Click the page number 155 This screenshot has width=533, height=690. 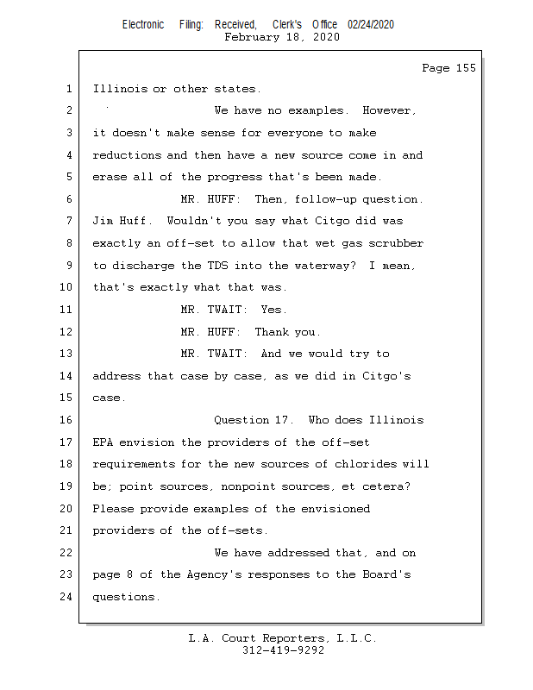coord(466,68)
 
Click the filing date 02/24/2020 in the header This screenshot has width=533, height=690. coord(371,25)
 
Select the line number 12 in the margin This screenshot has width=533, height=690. coord(66,331)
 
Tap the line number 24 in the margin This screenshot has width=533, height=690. coord(66,597)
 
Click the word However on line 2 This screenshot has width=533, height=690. coord(389,111)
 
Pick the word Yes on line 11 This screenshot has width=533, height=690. coord(273,310)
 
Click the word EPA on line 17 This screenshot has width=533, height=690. coord(103,442)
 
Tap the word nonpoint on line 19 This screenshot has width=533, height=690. coord(248,486)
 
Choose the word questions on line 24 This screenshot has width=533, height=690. coord(126,597)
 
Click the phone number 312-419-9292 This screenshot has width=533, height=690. coord(283,650)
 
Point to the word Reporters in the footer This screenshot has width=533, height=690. coord(296,638)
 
